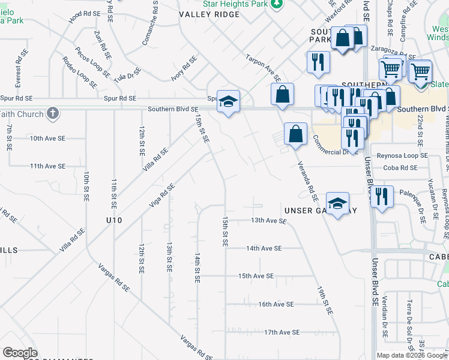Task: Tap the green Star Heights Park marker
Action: pos(277,4)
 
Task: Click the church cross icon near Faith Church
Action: pos(53,113)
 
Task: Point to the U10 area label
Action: pos(113,220)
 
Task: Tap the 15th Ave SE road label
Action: pos(256,276)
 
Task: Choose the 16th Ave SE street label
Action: pos(276,304)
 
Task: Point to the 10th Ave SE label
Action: pos(47,138)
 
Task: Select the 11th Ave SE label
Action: pos(47,166)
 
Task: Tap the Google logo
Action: pos(20,353)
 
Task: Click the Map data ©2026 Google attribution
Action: pos(411,355)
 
